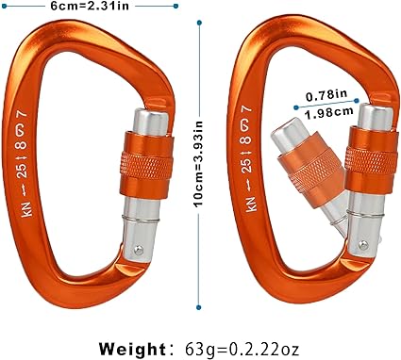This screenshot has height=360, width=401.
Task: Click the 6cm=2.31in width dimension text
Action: click(90, 6)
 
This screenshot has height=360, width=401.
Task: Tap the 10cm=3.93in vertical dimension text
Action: click(199, 163)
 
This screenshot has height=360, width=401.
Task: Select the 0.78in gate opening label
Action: click(326, 95)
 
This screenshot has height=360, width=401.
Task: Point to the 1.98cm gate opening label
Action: click(328, 112)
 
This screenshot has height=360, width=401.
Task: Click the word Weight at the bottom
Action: click(132, 349)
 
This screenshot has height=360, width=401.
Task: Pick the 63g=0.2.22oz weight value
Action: click(242, 349)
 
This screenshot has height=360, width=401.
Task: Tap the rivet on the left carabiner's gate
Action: click(139, 250)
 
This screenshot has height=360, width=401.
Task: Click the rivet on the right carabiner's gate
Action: click(363, 245)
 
